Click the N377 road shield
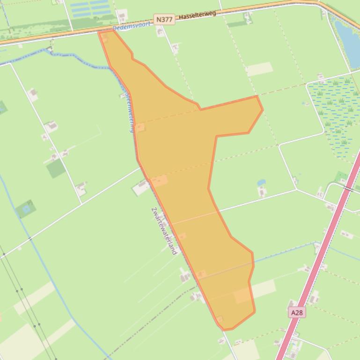tap(164, 20)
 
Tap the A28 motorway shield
tap(297, 312)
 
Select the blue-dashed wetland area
tap(335, 115)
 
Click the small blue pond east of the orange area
tap(261, 182)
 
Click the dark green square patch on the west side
tap(56, 168)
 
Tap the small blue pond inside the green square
tap(26, 209)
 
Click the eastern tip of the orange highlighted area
tap(261, 109)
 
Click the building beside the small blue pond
tap(262, 191)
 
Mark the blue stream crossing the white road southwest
tap(30, 239)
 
